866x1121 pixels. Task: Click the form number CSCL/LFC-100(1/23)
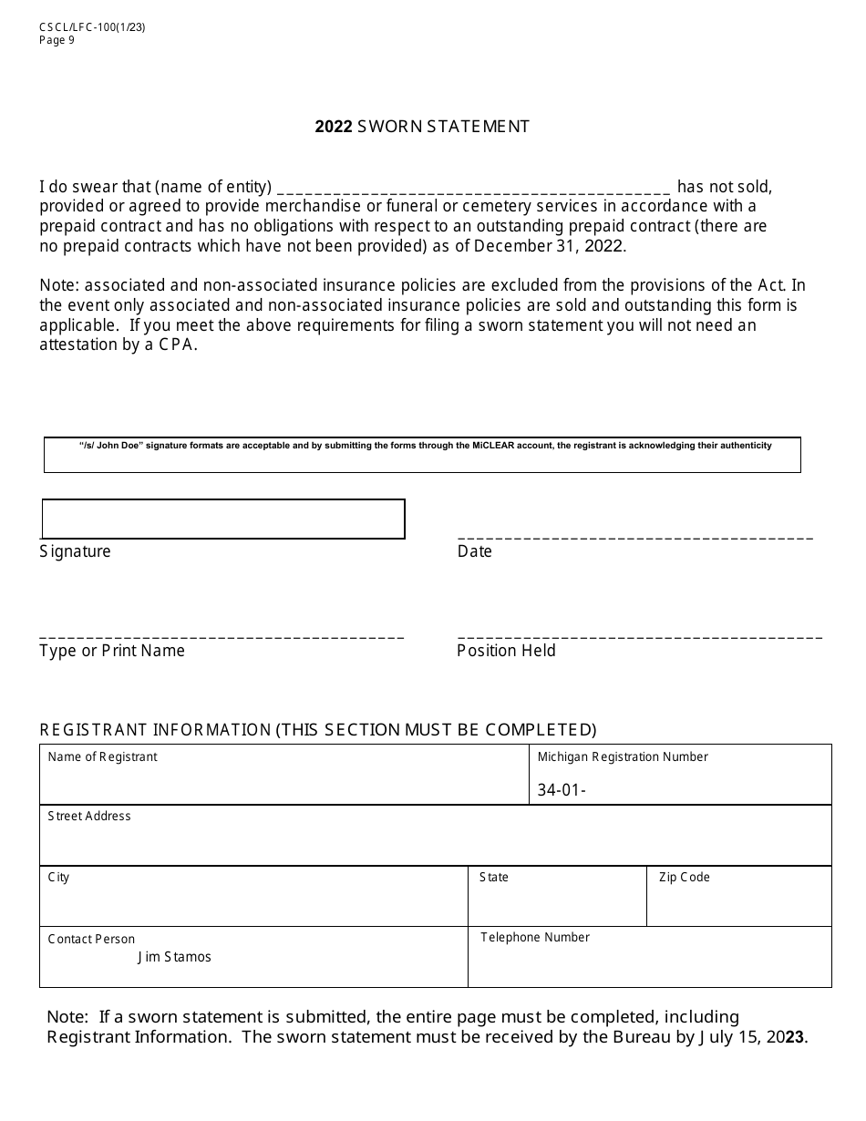[92, 26]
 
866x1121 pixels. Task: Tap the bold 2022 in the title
[334, 127]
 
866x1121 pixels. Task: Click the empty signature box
[223, 519]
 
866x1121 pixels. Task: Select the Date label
[474, 551]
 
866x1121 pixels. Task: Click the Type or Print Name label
[112, 651]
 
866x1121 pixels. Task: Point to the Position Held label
[506, 651]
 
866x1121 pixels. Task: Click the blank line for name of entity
[473, 189]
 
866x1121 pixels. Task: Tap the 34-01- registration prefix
[561, 790]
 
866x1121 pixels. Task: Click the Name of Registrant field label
[102, 756]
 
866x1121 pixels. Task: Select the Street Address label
[89, 816]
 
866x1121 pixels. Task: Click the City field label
[58, 877]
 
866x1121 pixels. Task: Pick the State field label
[494, 877]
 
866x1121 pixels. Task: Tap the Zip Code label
[685, 877]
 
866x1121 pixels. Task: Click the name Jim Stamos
[175, 957]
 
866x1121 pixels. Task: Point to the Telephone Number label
[535, 937]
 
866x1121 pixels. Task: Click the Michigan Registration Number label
[623, 756]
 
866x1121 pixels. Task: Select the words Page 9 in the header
[57, 39]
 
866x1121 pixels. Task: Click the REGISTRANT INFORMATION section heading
[318, 729]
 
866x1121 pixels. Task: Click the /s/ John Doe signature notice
[426, 446]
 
